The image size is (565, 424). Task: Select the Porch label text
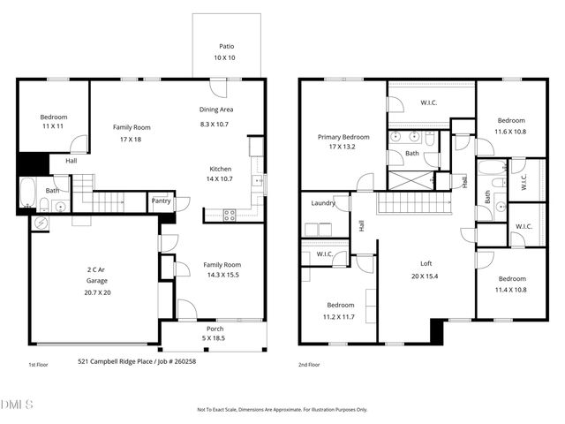pyautogui.click(x=215, y=329)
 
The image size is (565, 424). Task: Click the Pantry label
pyautogui.click(x=161, y=201)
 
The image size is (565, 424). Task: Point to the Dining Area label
pyautogui.click(x=215, y=110)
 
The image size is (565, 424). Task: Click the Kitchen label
pyautogui.click(x=220, y=169)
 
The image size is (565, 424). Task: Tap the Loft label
pyautogui.click(x=426, y=263)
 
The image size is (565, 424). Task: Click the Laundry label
pyautogui.click(x=323, y=203)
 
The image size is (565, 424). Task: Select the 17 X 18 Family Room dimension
pyautogui.click(x=131, y=140)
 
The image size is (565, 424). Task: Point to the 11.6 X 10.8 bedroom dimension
pyautogui.click(x=510, y=132)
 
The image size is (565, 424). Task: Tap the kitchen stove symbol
pyautogui.click(x=230, y=214)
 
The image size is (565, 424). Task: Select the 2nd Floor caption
pyautogui.click(x=309, y=364)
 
